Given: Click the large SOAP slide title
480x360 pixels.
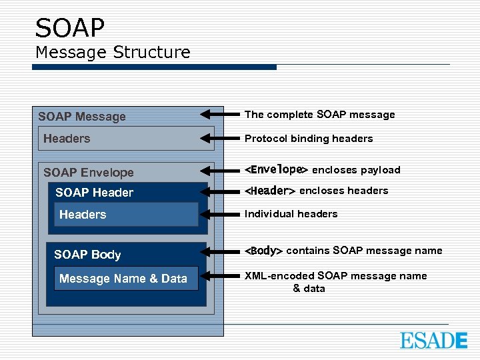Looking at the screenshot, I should point(70,28).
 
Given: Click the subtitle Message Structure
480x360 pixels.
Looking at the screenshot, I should point(113,52).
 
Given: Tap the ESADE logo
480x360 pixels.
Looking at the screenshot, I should point(433,340).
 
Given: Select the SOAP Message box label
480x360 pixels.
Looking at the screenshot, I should point(82,117).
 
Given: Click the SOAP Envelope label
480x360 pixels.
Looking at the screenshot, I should point(89,173).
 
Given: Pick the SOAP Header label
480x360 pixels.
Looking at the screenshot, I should point(94,193).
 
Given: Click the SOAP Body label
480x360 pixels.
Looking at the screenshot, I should point(87,255).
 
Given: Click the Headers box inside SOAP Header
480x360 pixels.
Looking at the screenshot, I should point(126,215).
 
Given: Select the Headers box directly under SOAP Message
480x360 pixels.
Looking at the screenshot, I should point(126,139).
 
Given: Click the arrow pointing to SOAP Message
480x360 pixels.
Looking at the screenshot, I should point(220,115).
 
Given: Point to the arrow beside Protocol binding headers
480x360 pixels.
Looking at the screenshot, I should point(220,139).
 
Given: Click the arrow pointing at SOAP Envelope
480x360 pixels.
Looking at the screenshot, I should point(220,170).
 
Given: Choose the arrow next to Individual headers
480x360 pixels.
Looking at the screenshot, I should point(220,214).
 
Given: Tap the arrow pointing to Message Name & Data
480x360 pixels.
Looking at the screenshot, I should point(220,276).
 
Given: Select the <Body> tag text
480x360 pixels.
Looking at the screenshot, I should point(264,251).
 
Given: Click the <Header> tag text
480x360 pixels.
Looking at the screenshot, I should point(270,191).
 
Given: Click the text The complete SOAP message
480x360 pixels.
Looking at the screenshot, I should point(319,115).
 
